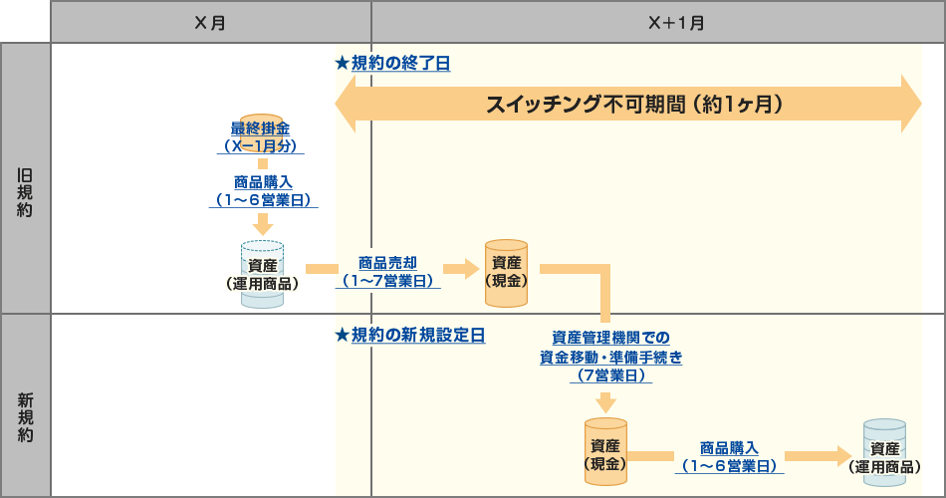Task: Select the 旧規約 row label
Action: pos(25,179)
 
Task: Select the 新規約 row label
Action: pos(25,406)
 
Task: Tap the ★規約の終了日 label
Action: pos(392,63)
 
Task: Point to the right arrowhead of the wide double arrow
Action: pos(910,104)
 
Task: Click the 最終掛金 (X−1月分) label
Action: pos(261,136)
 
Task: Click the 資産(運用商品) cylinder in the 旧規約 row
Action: pos(263,273)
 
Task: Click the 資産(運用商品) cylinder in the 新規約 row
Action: pos(884,454)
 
